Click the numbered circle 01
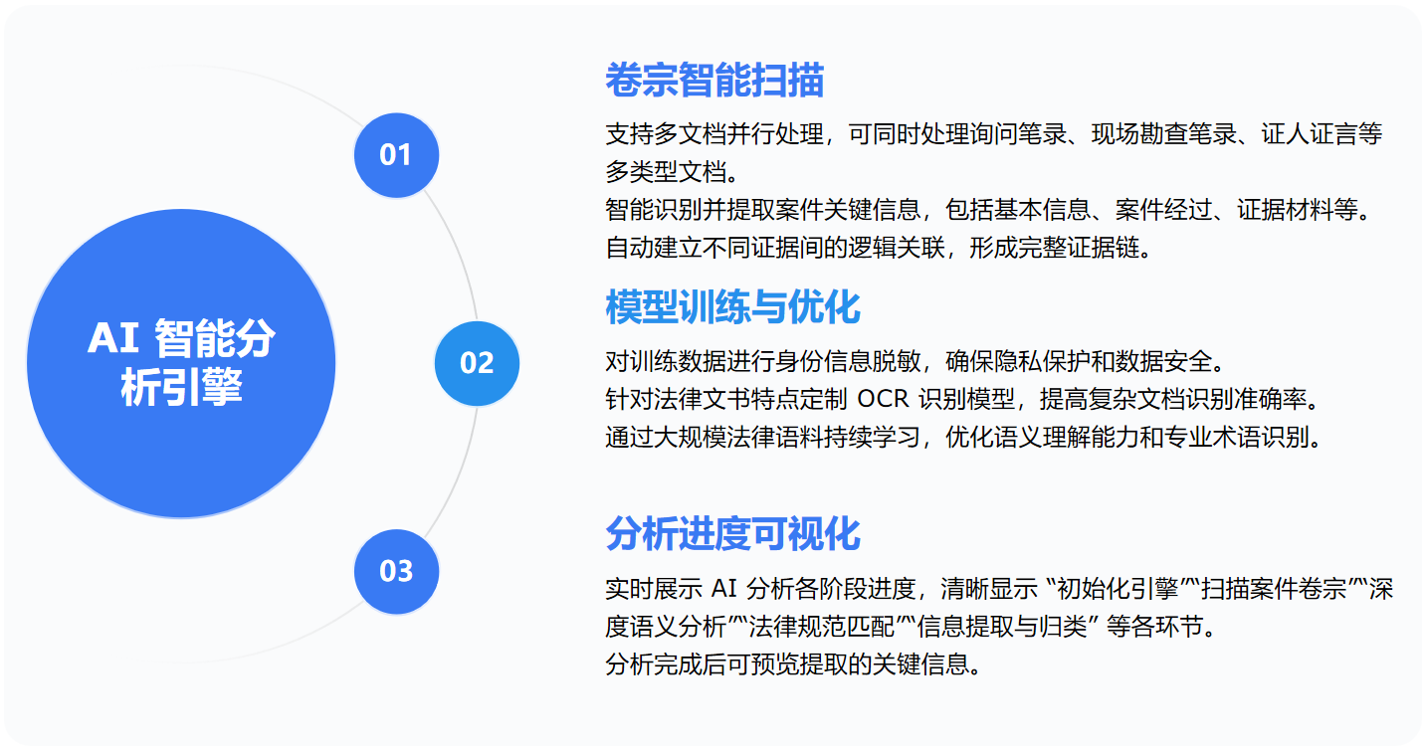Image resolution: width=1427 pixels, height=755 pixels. [x=396, y=155]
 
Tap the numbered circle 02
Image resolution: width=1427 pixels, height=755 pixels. [x=477, y=363]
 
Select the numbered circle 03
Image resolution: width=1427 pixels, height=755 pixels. [x=396, y=571]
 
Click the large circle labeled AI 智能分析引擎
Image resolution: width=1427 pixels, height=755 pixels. [x=181, y=363]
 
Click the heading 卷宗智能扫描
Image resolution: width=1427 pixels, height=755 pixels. [x=714, y=81]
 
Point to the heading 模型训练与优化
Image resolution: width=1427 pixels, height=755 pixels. [x=732, y=307]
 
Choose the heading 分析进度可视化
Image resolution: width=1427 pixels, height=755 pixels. [x=732, y=534]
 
